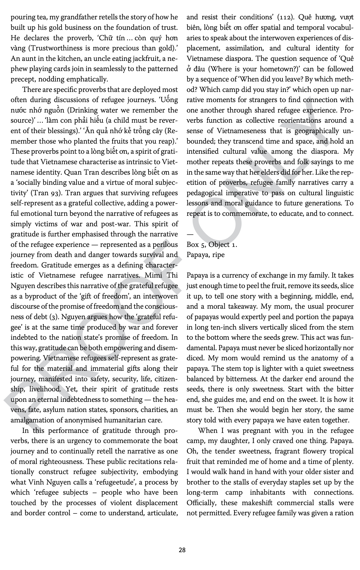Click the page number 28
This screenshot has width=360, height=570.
182,550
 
